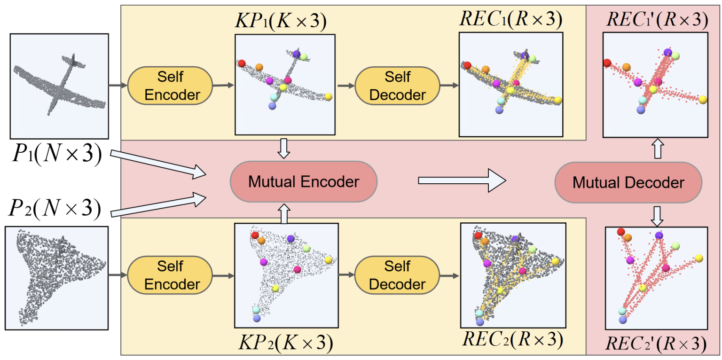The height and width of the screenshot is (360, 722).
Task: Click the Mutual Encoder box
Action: pyautogui.click(x=304, y=181)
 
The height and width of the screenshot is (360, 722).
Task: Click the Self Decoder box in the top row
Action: pyautogui.click(x=397, y=86)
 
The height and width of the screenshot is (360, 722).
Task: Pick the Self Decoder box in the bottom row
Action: pyautogui.click(x=397, y=275)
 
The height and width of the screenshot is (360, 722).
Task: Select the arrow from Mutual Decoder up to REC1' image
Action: pyautogui.click(x=658, y=150)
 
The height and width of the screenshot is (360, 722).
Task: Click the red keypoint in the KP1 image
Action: pyautogui.click(x=242, y=63)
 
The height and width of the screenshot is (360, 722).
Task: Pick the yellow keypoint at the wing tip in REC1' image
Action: pyautogui.click(x=703, y=100)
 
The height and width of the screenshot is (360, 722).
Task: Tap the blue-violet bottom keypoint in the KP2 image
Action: pyautogui.click(x=257, y=318)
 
